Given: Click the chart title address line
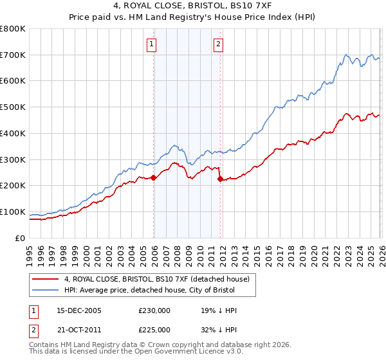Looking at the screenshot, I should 193,6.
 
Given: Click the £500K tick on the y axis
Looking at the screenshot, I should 13,107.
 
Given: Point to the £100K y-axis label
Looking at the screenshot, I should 13,212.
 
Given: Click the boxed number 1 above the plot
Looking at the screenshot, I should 152,44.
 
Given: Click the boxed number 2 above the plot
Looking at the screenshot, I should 219,44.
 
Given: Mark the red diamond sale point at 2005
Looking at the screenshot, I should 154,178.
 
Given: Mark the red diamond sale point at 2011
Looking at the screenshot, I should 220,179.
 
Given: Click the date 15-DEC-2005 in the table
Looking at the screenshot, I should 78,310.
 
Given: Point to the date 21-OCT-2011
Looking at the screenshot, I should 78,330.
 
